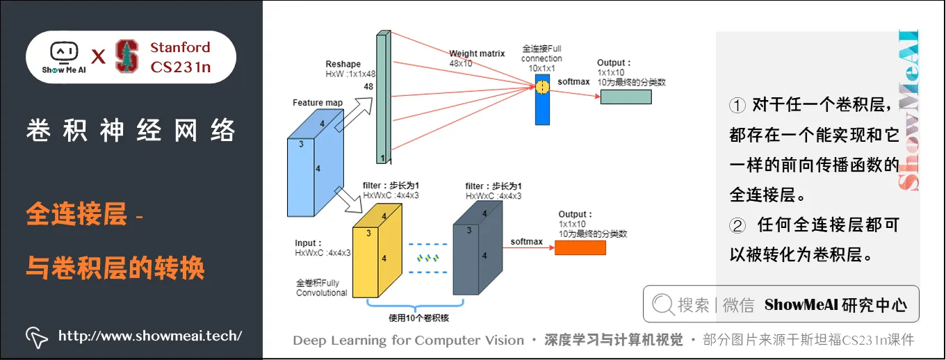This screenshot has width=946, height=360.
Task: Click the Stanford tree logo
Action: pos(127,56)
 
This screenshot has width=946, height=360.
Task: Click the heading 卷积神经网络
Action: pos(131,131)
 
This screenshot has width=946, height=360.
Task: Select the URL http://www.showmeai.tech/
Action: pos(149,336)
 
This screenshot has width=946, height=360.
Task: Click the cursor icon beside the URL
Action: pos(36,336)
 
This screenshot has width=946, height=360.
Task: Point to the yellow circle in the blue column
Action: pos(541,88)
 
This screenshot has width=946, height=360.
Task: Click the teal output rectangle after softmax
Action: pos(626,97)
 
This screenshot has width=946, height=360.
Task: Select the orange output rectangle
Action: pos(580,247)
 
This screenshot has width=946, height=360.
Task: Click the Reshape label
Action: pos(343,64)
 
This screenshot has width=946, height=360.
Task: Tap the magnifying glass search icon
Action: pos(663,304)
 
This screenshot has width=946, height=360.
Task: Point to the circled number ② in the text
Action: pos(737,224)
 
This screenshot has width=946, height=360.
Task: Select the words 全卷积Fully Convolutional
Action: pos(321,288)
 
